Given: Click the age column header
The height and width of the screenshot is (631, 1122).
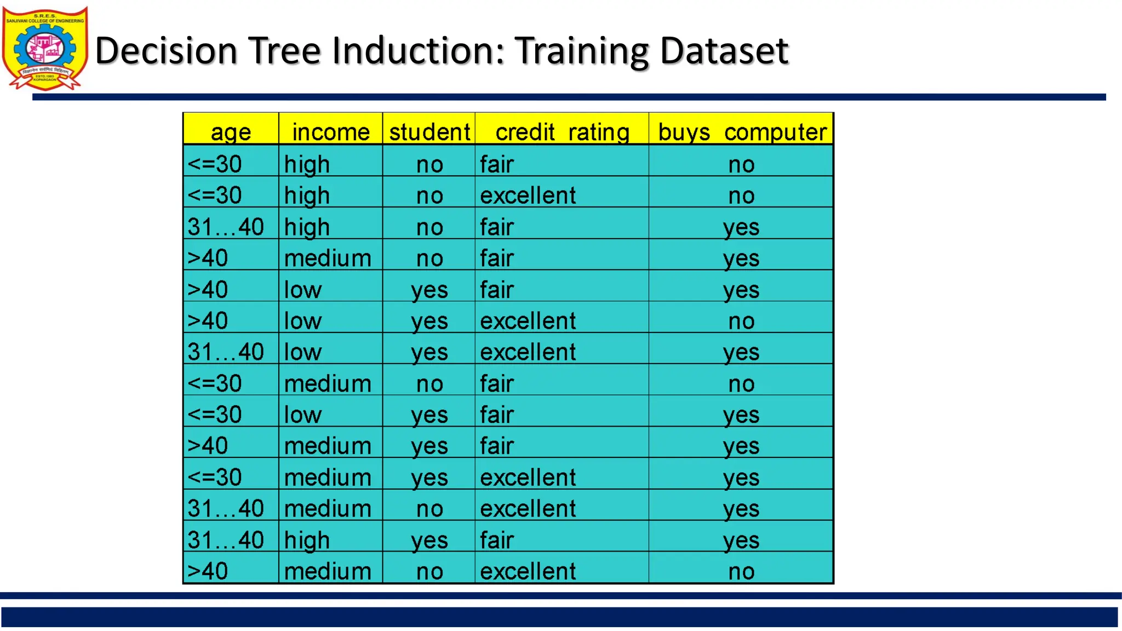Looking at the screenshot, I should (231, 132).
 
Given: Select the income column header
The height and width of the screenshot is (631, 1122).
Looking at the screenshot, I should (331, 132).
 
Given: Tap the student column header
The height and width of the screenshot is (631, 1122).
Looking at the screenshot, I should (430, 132).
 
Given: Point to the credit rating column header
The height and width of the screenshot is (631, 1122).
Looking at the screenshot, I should (562, 132).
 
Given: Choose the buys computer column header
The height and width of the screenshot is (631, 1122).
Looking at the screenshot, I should (742, 132).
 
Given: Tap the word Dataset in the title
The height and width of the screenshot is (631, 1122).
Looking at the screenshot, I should (724, 50).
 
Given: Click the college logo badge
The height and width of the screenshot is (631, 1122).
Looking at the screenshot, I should (45, 48).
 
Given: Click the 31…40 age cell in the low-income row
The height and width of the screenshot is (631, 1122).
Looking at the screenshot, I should (226, 352).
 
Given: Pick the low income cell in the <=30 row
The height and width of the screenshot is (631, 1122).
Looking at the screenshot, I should (302, 415).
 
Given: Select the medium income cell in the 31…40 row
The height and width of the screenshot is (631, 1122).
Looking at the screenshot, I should (328, 509).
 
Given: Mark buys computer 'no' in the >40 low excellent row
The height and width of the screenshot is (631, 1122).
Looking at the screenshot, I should (741, 321).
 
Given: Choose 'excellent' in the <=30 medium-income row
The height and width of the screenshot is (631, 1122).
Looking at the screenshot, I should (528, 478).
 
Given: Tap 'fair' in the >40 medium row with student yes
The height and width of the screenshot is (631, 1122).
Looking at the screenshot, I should (497, 446).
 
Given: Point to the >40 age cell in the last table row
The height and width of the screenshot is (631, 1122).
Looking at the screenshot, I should (208, 571).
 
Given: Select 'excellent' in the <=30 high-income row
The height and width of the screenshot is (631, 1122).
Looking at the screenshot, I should (528, 196).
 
